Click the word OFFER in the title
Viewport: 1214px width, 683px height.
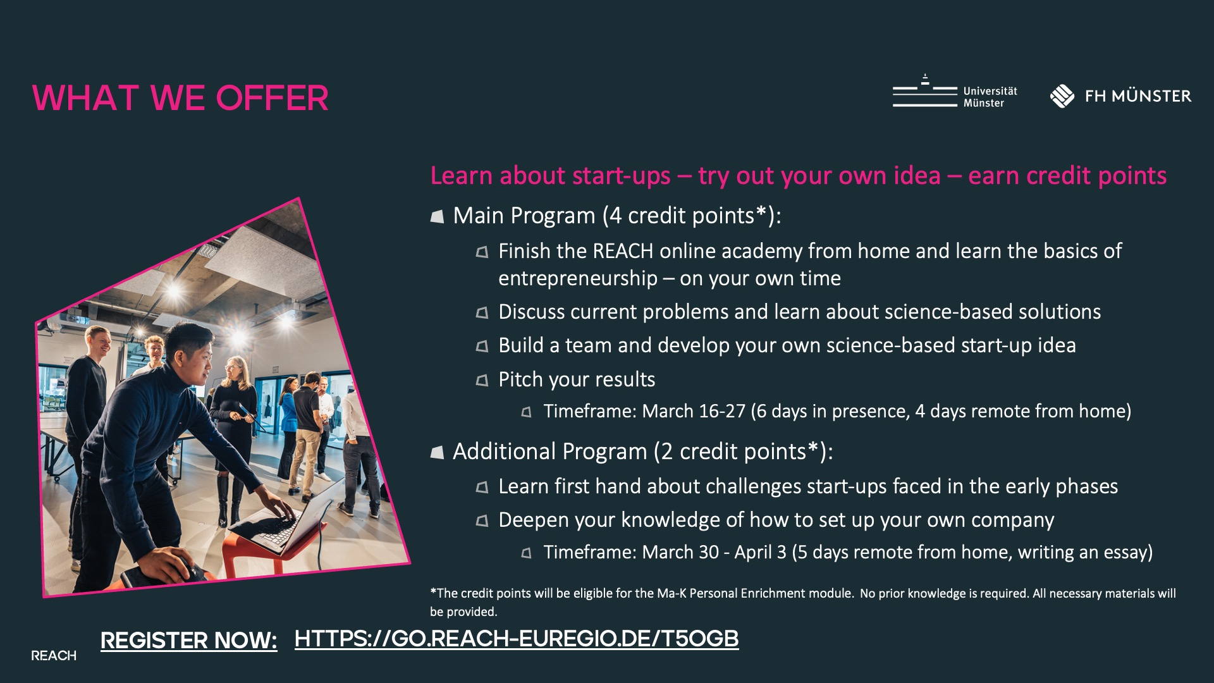(x=272, y=98)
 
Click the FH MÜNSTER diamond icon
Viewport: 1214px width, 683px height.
(x=1062, y=96)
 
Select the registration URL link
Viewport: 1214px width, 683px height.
(x=516, y=639)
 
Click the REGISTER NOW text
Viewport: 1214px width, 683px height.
(x=188, y=641)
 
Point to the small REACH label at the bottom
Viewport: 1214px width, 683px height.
(x=54, y=656)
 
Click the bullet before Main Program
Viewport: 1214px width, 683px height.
(x=437, y=217)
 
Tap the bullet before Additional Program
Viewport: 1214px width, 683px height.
(x=437, y=453)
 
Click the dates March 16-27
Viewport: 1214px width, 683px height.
(x=694, y=412)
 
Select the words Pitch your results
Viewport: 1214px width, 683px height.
(x=576, y=379)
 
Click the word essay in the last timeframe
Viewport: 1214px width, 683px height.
(x=1124, y=553)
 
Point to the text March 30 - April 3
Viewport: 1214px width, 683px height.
(x=714, y=553)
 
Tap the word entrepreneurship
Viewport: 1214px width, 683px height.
(x=577, y=279)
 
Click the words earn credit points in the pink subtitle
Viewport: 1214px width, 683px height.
(x=1067, y=176)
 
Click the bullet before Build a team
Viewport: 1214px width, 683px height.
(x=482, y=347)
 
